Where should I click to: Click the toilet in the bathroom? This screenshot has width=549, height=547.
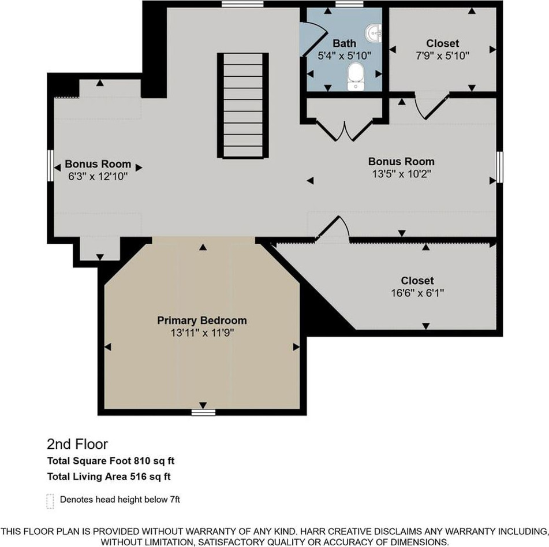(x=356, y=76)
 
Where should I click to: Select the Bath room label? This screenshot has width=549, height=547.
(x=345, y=43)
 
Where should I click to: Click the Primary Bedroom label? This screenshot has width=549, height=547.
(x=202, y=320)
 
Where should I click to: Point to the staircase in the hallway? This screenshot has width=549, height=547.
(x=243, y=106)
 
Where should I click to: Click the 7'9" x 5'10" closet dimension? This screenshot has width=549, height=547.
(x=443, y=55)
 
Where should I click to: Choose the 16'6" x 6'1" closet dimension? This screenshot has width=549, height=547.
(x=417, y=293)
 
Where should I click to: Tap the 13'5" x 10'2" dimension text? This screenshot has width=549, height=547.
(x=402, y=174)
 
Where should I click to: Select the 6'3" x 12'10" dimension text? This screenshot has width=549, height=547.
(x=98, y=176)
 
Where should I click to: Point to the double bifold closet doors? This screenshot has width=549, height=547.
(x=345, y=131)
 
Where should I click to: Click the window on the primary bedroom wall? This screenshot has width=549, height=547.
(x=203, y=412)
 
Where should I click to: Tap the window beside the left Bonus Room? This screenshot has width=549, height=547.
(x=50, y=166)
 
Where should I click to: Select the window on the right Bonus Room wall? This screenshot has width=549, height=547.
(x=500, y=167)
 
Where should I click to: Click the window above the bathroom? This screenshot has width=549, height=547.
(x=349, y=4)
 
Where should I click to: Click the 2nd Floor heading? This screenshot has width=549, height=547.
(x=77, y=444)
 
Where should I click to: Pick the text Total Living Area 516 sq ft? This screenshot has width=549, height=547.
(x=109, y=477)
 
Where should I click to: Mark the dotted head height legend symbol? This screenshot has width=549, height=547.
(x=50, y=501)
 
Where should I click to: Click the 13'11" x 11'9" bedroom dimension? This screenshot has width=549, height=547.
(x=202, y=333)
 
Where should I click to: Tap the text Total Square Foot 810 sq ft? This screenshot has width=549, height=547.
(x=111, y=461)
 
